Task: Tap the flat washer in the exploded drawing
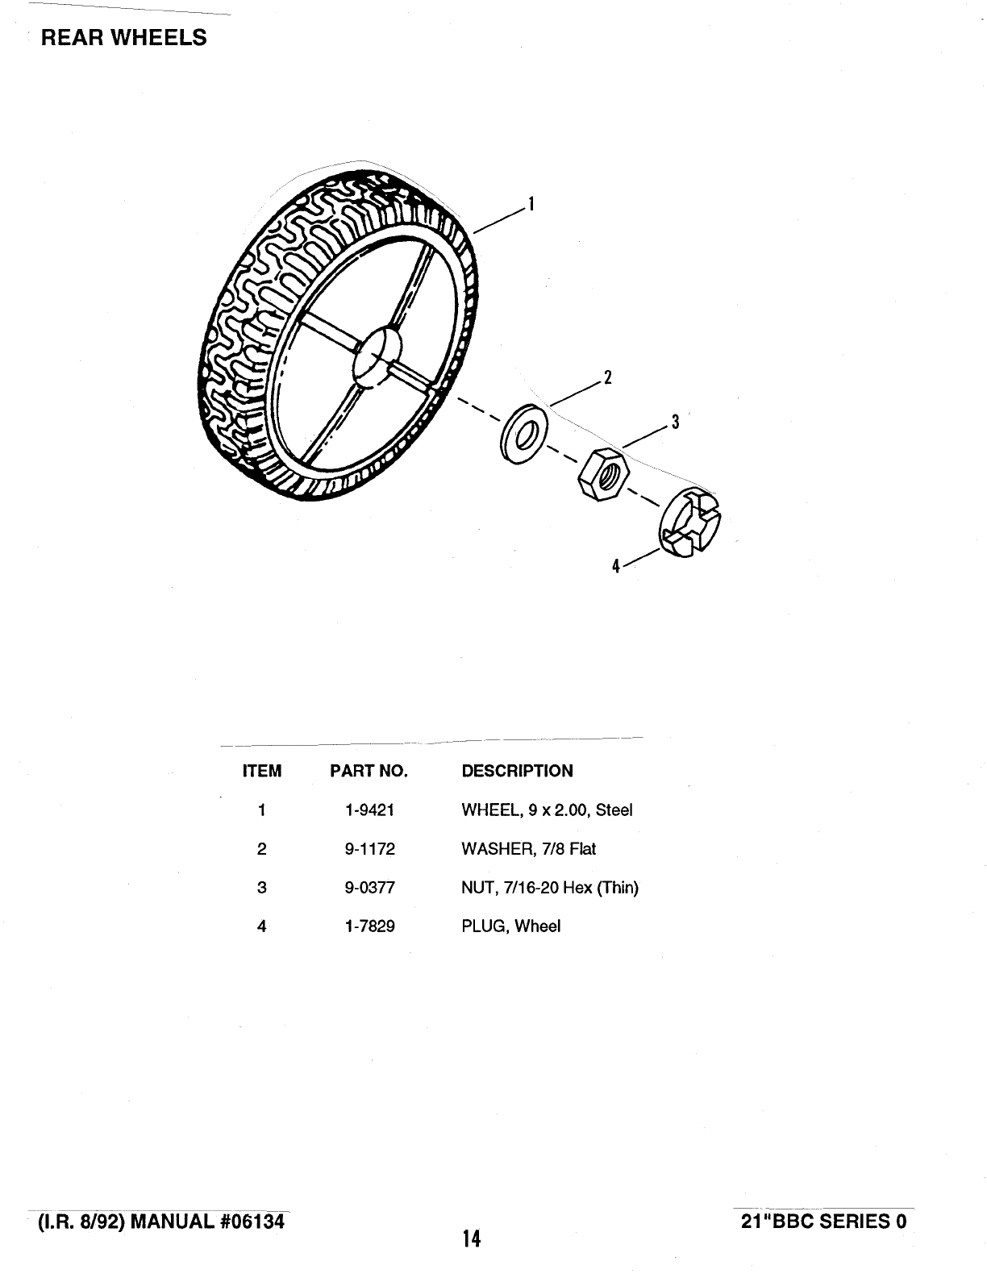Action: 523,433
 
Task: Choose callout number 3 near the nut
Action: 675,421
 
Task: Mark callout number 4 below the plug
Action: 615,566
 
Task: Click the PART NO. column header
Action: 369,771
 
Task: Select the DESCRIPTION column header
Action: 517,771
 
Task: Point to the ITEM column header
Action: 262,771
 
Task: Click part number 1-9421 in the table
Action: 369,810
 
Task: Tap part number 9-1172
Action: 369,848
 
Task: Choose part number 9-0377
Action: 369,888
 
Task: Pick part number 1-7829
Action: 369,926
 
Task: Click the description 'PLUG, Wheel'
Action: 510,926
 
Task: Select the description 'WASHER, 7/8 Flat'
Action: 528,848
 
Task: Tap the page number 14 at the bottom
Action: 472,1238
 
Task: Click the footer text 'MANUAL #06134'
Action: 207,1221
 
